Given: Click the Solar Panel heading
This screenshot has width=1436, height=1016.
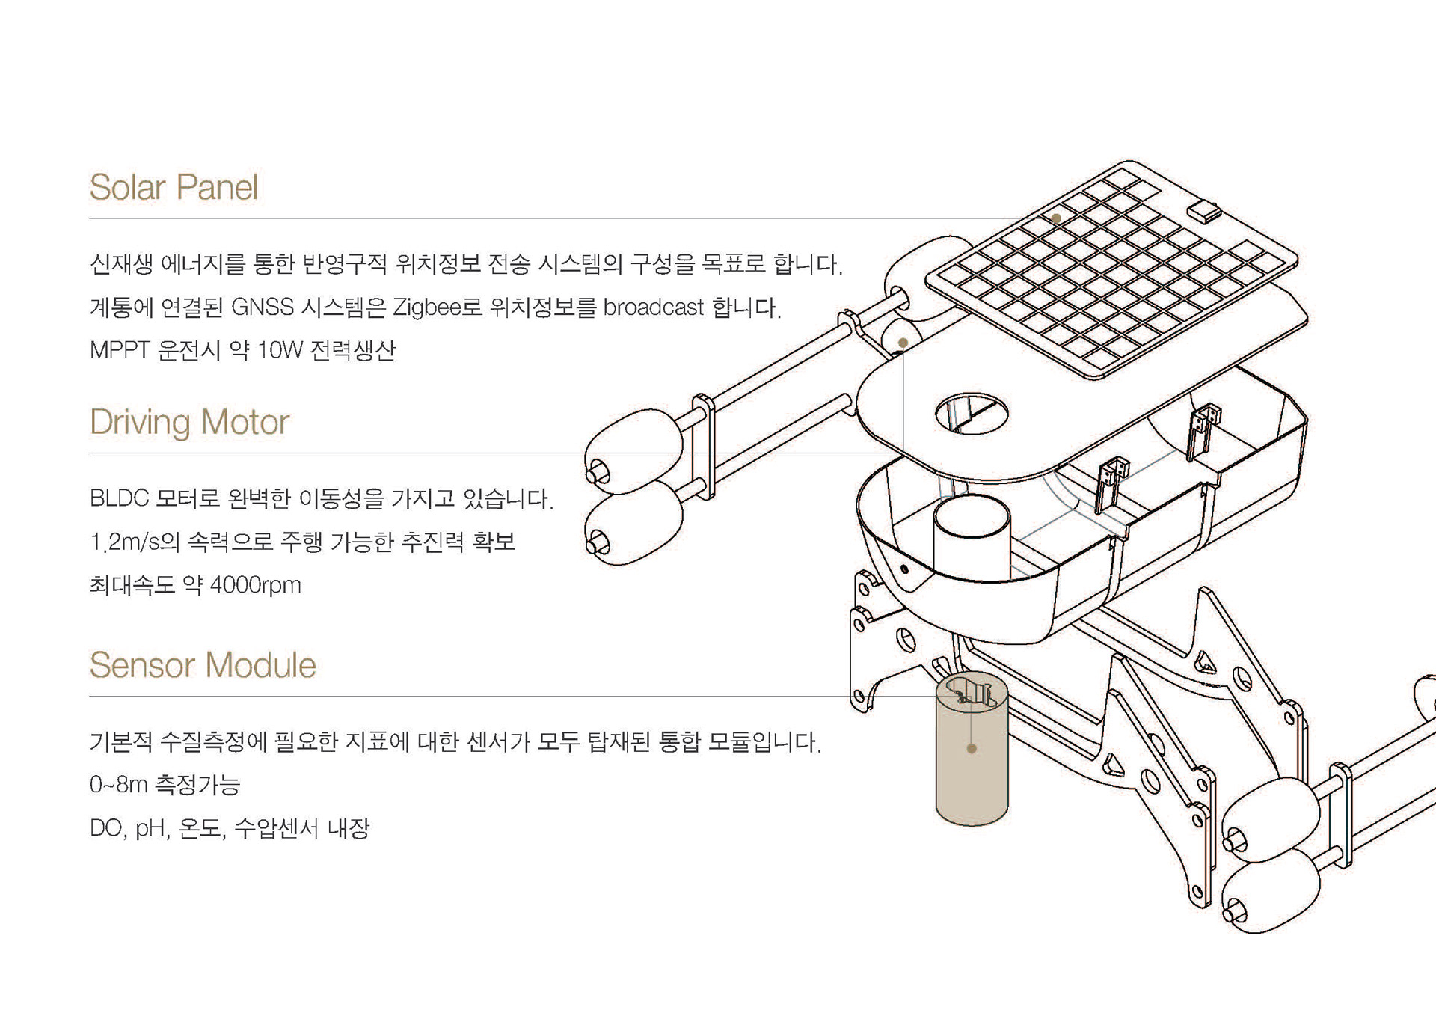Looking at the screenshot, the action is [x=174, y=187].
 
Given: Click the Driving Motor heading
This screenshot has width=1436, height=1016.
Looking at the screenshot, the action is [x=189, y=423].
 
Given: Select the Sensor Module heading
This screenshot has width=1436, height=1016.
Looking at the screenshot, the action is [x=203, y=665].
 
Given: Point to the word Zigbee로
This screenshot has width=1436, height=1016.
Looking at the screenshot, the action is [x=438, y=307].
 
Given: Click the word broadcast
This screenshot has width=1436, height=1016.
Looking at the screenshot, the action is [x=653, y=307].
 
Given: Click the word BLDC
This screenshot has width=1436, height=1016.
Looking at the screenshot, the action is [x=119, y=498].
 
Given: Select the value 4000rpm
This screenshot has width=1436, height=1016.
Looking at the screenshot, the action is [x=255, y=585].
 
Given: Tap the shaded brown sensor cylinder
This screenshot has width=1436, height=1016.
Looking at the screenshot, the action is [x=972, y=778].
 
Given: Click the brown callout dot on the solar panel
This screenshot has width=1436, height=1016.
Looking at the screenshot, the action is [x=1056, y=218].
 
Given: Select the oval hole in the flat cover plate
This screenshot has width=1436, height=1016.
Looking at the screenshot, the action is [x=972, y=414].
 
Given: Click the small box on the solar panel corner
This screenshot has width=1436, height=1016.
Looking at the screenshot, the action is [x=1204, y=210].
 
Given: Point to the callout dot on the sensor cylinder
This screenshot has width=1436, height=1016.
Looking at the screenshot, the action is [x=972, y=748].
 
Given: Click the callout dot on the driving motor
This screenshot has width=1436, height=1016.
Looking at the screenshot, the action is [x=903, y=343].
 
